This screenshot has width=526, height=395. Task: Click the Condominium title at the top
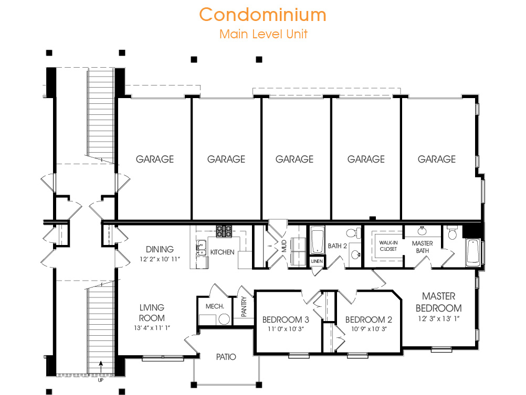tap(262, 15)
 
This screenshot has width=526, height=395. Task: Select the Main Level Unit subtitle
tap(264, 34)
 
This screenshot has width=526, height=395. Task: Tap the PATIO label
tap(226, 357)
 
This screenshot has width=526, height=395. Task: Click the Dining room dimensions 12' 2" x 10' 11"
tap(160, 259)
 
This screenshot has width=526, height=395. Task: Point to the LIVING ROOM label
tap(152, 313)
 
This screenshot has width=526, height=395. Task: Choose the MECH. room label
tap(215, 306)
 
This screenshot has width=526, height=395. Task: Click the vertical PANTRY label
tap(244, 306)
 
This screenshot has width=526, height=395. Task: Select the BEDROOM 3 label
tap(286, 319)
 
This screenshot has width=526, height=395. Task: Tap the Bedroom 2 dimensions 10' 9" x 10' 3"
tap(369, 329)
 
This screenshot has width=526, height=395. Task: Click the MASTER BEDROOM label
tap(438, 302)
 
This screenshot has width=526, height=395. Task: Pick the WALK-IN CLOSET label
tap(388, 246)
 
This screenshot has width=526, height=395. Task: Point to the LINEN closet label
tap(317, 261)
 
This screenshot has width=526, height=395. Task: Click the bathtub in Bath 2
tap(318, 240)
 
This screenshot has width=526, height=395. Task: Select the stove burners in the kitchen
tap(224, 231)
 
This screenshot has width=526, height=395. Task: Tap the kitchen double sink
tap(201, 248)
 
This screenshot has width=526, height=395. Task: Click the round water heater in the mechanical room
tap(224, 319)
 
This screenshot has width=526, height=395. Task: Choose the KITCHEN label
tap(222, 252)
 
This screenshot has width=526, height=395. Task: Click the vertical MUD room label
tap(284, 246)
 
